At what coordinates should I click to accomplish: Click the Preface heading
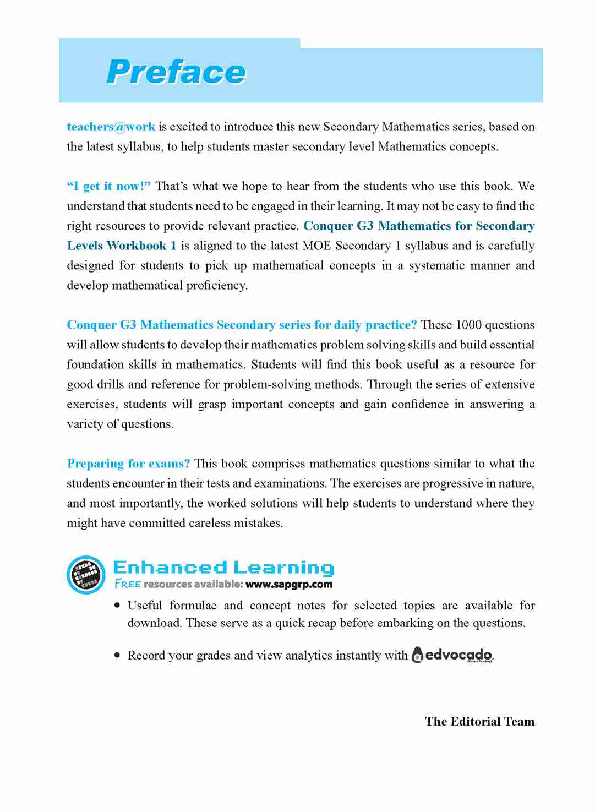pyautogui.click(x=176, y=72)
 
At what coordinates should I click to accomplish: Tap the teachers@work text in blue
pyautogui.click(x=111, y=127)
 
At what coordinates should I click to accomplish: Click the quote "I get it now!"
pyautogui.click(x=108, y=186)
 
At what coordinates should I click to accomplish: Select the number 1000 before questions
pyautogui.click(x=468, y=325)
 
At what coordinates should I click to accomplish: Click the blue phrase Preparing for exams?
pyautogui.click(x=128, y=464)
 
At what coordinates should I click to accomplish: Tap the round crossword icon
pyautogui.click(x=86, y=575)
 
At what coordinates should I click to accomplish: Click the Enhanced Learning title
pyautogui.click(x=223, y=567)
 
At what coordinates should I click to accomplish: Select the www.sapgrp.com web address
pyautogui.click(x=289, y=584)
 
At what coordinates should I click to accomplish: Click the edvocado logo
pyautogui.click(x=452, y=655)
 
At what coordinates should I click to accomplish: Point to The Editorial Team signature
pyautogui.click(x=479, y=721)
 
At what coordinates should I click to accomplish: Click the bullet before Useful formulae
pyautogui.click(x=117, y=605)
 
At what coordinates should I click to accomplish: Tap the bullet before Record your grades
pyautogui.click(x=117, y=655)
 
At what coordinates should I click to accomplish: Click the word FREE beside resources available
pyautogui.click(x=128, y=584)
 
